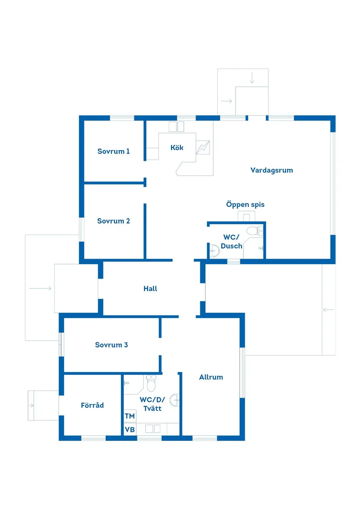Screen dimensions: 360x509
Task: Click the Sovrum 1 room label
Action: (113, 151)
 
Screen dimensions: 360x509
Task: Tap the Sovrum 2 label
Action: (113, 221)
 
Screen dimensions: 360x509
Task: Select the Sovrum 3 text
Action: (111, 345)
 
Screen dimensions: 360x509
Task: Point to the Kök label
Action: (177, 147)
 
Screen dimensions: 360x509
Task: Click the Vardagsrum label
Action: (271, 171)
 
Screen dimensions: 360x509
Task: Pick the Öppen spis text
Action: (245, 205)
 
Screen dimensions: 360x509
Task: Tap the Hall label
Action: (150, 289)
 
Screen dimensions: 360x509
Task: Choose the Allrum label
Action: (211, 377)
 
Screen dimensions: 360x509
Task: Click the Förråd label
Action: (92, 405)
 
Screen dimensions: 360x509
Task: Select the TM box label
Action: (130, 416)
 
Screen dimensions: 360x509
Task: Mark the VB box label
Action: (130, 430)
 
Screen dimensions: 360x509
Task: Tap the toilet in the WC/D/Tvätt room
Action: (151, 383)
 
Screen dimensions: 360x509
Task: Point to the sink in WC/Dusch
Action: (214, 251)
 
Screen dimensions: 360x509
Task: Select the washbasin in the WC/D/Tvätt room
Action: (175, 400)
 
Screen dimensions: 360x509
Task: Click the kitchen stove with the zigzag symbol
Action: (203, 147)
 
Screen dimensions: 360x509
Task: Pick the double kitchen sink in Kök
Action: (176, 126)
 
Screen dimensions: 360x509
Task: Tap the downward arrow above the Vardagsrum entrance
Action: (252, 78)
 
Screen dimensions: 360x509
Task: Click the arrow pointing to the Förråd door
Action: (31, 406)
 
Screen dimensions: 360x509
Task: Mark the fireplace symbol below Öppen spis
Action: (246, 216)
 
